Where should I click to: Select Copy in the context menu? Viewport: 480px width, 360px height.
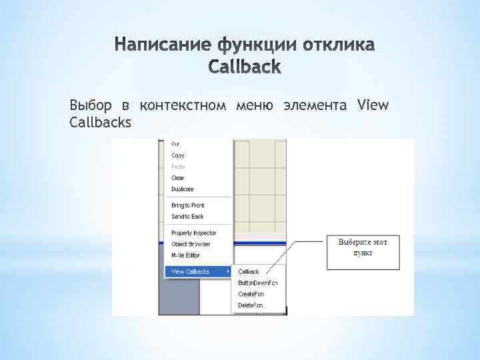click(x=178, y=155)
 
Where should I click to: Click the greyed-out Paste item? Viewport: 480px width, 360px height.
click(x=178, y=167)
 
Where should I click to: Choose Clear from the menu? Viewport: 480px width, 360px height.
click(x=178, y=178)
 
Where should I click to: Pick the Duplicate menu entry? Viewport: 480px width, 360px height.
click(x=182, y=189)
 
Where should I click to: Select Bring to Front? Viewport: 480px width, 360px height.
click(x=187, y=205)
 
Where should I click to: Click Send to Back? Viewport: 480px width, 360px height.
click(x=187, y=217)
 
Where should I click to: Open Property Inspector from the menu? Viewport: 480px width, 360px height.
click(x=193, y=233)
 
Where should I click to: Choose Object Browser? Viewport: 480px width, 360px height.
click(x=191, y=244)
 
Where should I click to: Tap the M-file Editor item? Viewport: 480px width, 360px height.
click(x=185, y=255)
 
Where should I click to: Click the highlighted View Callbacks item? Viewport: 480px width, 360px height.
click(x=191, y=272)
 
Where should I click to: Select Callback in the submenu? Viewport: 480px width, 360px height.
click(x=249, y=272)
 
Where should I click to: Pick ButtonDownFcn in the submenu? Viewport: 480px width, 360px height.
click(x=257, y=283)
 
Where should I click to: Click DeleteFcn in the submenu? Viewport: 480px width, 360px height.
click(x=251, y=305)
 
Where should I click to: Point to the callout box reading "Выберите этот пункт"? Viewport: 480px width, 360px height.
click(x=363, y=251)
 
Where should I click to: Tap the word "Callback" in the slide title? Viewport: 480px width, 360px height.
click(x=245, y=67)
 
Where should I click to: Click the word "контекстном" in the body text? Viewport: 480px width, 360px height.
click(x=183, y=105)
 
